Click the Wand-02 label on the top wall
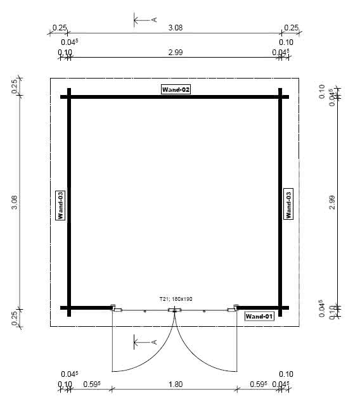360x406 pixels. tap(176, 90)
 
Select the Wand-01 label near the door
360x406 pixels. tap(259, 316)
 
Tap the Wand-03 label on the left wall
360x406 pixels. tap(61, 205)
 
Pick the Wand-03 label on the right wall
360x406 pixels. tap(288, 205)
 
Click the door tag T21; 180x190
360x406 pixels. tap(175, 298)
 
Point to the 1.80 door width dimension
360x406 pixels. tap(176, 384)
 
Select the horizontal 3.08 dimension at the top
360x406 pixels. tap(176, 27)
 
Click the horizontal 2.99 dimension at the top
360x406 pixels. tap(176, 53)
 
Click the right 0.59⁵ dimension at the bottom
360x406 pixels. tap(258, 384)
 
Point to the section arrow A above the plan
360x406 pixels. tap(145, 20)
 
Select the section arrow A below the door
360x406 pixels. tap(145, 343)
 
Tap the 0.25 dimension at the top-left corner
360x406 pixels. tap(59, 27)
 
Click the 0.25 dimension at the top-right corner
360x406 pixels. tap(291, 27)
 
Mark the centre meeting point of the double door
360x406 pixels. tap(174, 310)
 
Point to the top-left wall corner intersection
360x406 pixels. tap(69, 97)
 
